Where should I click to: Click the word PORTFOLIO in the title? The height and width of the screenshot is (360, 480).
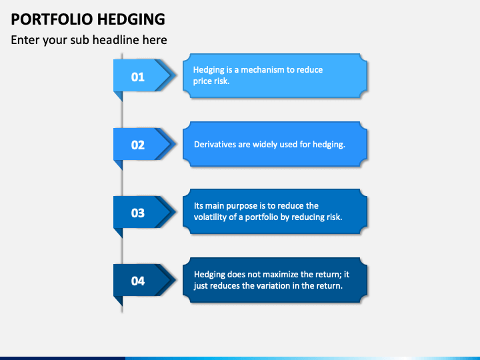click(x=52, y=19)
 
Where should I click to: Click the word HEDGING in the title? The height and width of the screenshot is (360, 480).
click(x=131, y=19)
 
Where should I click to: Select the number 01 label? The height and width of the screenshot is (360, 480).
click(x=138, y=77)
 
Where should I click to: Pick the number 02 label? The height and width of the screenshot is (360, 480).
click(x=138, y=145)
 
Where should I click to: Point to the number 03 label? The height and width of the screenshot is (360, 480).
click(x=138, y=213)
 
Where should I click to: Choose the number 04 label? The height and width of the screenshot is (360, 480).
click(x=138, y=281)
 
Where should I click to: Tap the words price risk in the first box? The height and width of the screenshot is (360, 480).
click(x=211, y=81)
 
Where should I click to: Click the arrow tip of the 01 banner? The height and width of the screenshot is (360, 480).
click(x=176, y=75)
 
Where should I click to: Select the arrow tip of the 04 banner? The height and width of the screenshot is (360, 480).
click(x=176, y=279)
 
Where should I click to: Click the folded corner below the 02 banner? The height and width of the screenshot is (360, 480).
click(x=119, y=164)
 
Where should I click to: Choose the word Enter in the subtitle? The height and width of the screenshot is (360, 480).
click(x=25, y=40)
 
